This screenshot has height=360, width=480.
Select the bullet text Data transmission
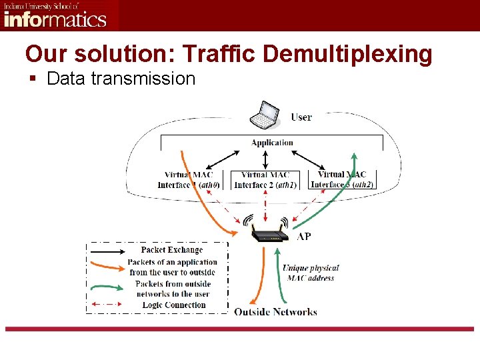(121, 79)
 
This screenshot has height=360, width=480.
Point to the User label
(301, 117)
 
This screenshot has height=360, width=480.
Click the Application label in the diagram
(272, 142)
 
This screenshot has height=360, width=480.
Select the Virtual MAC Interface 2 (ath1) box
(266, 180)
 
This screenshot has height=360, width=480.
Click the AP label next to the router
(304, 237)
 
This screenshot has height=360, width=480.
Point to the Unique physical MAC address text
(311, 273)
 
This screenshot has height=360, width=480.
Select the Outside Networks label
(275, 311)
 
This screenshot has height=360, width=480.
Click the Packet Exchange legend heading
(172, 250)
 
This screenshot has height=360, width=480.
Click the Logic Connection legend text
(174, 305)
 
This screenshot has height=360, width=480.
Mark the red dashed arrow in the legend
(107, 305)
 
